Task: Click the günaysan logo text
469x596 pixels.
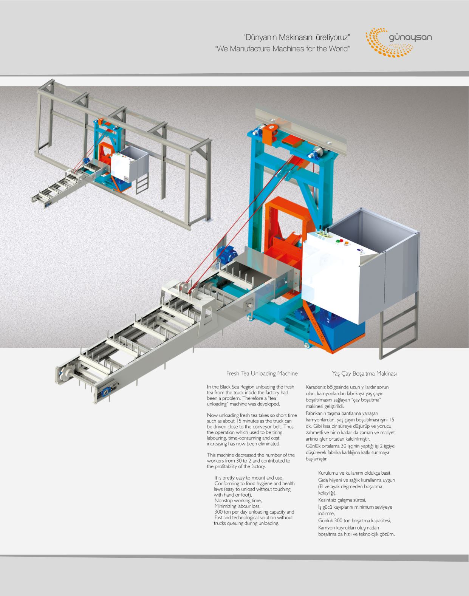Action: pyautogui.click(x=410, y=37)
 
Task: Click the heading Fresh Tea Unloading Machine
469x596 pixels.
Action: pyautogui.click(x=262, y=373)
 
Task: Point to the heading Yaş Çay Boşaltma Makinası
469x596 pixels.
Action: pyautogui.click(x=364, y=374)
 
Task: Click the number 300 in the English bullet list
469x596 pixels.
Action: pyautogui.click(x=218, y=512)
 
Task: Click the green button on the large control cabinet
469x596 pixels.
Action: pyautogui.click(x=337, y=241)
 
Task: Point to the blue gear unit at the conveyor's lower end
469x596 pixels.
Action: pyautogui.click(x=105, y=392)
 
